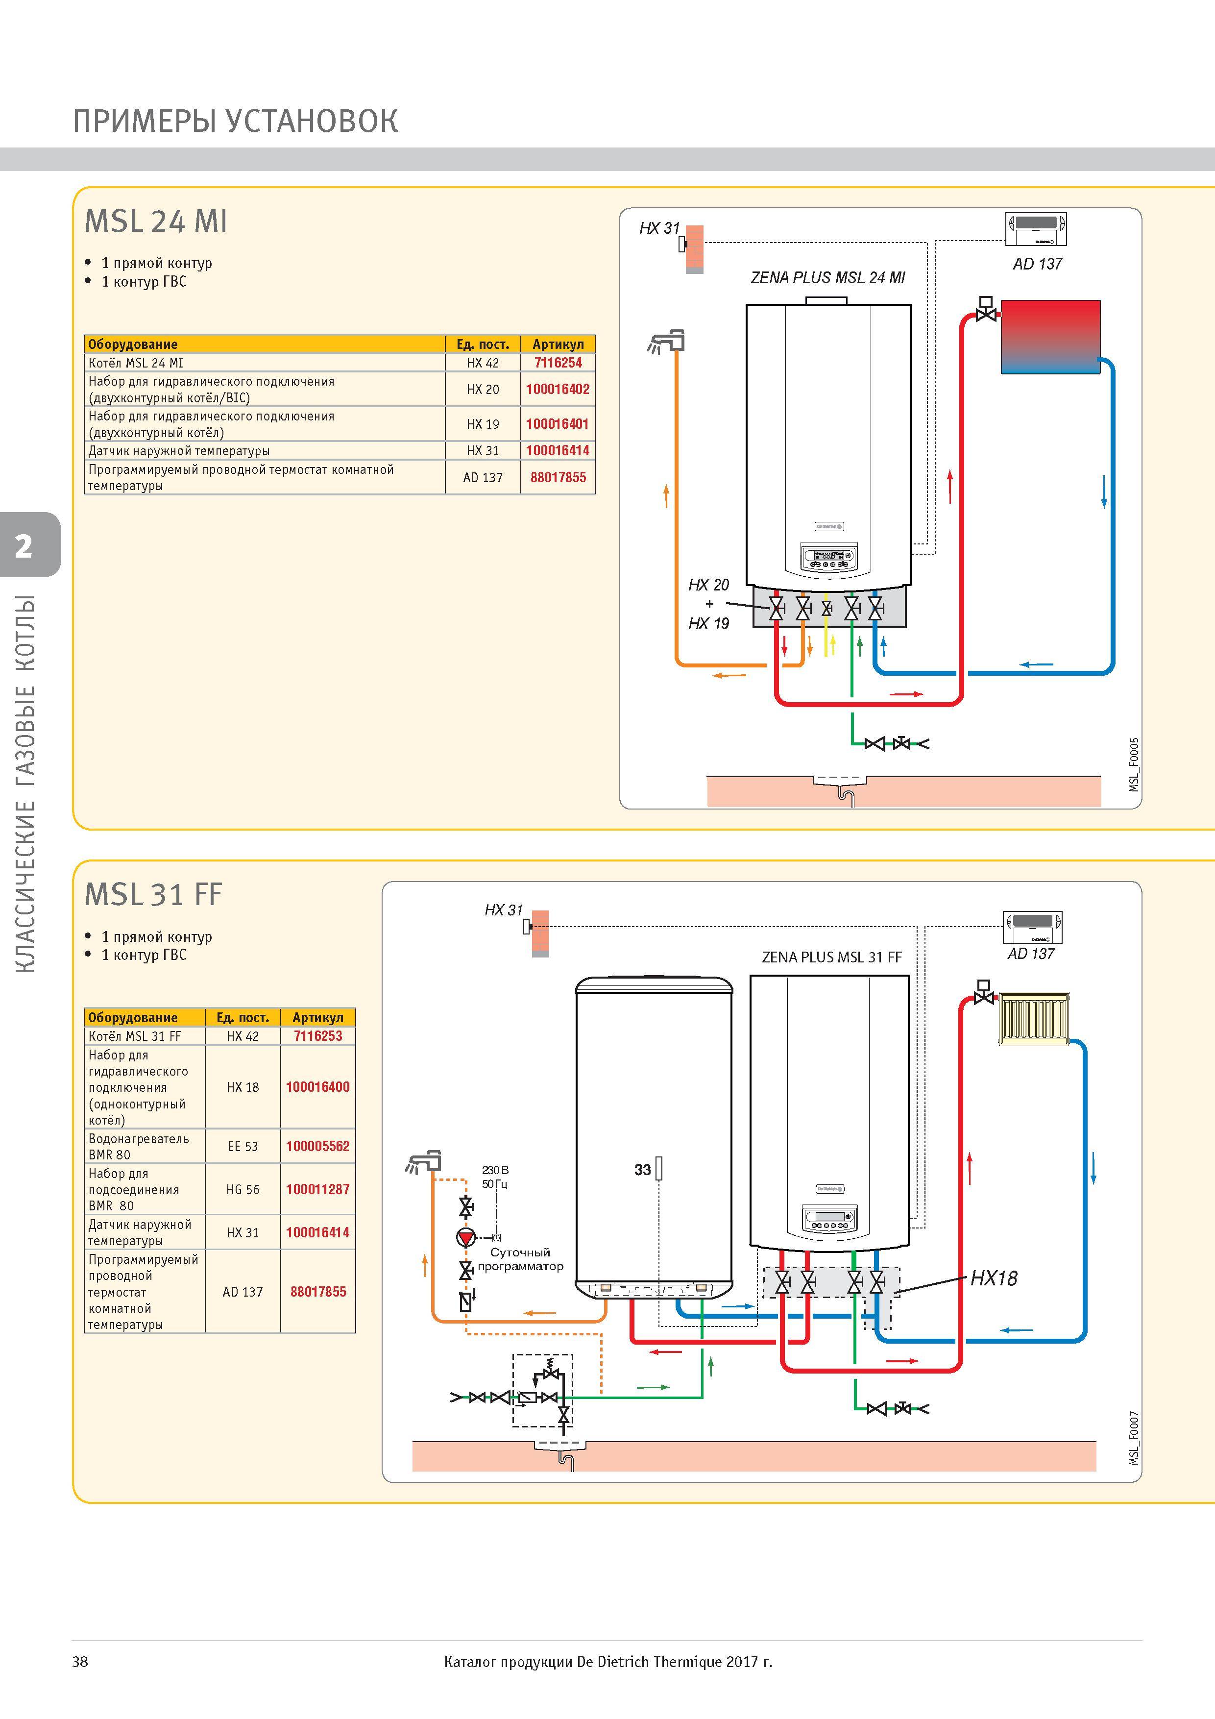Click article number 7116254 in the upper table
(x=558, y=362)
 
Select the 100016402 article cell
(x=558, y=389)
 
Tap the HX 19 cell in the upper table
(x=483, y=424)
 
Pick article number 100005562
(x=317, y=1146)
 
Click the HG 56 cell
(x=243, y=1189)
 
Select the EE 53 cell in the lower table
(x=243, y=1146)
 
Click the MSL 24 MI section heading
(x=156, y=221)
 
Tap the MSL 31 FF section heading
(x=153, y=895)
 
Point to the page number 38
(x=80, y=1661)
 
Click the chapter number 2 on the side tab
(x=24, y=546)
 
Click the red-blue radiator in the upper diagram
(x=1050, y=337)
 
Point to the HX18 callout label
(x=994, y=1278)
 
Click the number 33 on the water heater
(x=642, y=1170)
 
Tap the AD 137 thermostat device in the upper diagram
(x=1036, y=229)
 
